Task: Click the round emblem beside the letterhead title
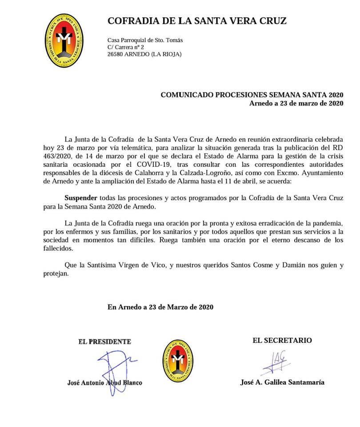coord(65,40)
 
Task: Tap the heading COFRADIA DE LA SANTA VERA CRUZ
coord(197,20)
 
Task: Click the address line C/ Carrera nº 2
coord(126,47)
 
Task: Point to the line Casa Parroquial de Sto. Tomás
coord(145,40)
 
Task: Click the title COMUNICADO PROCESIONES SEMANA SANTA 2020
coord(252,95)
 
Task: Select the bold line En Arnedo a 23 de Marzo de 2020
coord(160,307)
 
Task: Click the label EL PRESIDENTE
coord(105,342)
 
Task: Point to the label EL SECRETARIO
coord(282,340)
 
